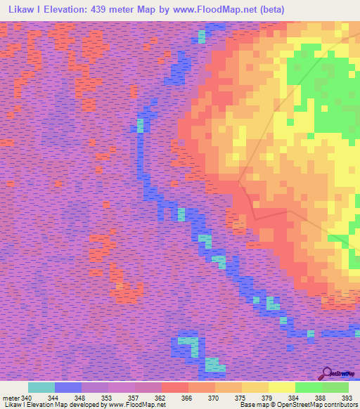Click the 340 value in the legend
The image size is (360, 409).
click(x=27, y=398)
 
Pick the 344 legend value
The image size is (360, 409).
click(x=53, y=398)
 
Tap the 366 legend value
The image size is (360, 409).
click(x=187, y=398)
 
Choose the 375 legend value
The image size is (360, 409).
click(x=240, y=398)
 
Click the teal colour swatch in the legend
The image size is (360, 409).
click(x=41, y=387)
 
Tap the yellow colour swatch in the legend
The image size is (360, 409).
click(x=282, y=387)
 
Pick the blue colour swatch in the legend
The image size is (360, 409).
click(x=68, y=387)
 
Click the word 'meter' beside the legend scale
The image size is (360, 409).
click(x=11, y=398)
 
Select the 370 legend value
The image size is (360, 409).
click(x=214, y=398)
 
